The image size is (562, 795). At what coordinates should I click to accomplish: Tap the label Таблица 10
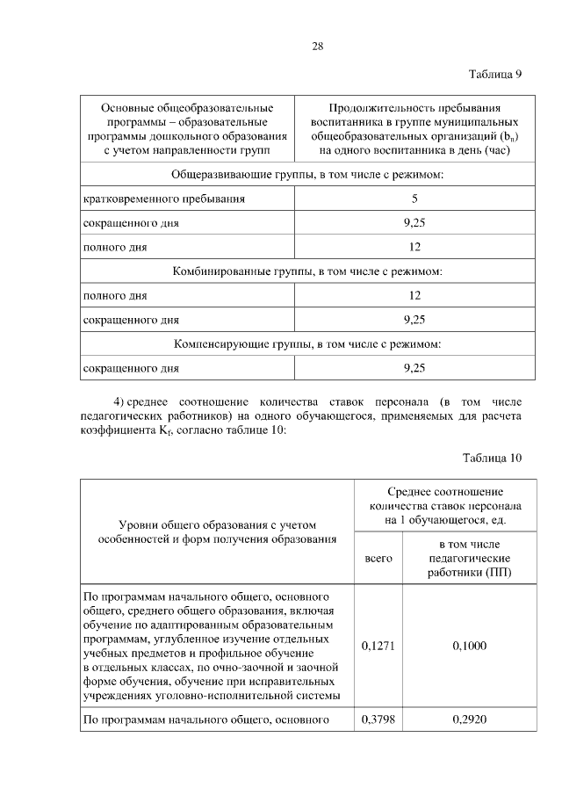click(493, 458)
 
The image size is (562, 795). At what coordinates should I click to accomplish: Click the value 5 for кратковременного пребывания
click(414, 199)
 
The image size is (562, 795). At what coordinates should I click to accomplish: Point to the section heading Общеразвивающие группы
click(306, 174)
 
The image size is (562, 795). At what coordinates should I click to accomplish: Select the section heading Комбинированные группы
click(306, 271)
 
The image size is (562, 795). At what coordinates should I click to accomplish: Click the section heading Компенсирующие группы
click(306, 343)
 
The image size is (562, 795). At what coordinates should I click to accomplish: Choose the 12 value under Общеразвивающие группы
click(414, 247)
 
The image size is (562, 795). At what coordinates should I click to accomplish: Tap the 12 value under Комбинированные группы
click(414, 296)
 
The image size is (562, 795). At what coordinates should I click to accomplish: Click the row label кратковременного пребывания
click(163, 199)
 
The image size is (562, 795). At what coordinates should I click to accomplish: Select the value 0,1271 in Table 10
click(378, 646)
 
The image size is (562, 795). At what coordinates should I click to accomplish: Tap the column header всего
click(378, 558)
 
